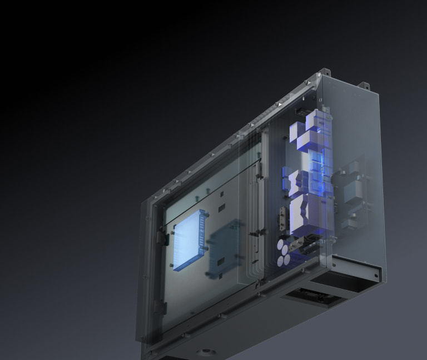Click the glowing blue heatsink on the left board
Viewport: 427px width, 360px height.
(x=188, y=241)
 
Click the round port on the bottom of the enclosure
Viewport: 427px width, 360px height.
(x=206, y=353)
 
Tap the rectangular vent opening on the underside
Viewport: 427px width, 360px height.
(x=311, y=296)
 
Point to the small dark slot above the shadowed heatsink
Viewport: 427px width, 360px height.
(x=221, y=209)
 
